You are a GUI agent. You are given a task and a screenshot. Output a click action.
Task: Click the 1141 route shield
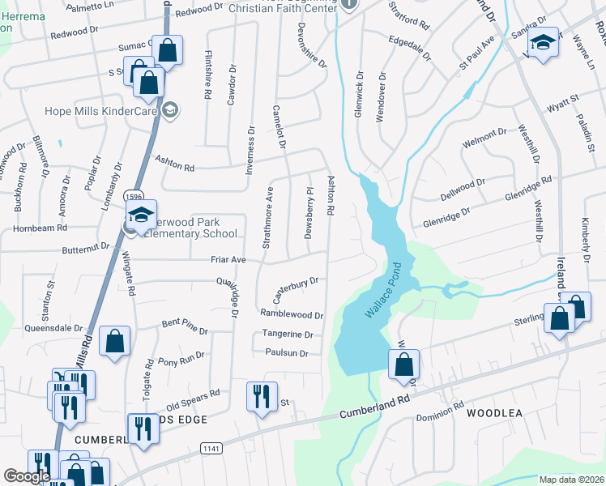[x=213, y=447]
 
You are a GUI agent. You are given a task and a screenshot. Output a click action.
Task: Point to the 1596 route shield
[x=134, y=196]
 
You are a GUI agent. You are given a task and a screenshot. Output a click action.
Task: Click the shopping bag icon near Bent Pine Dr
[x=114, y=342]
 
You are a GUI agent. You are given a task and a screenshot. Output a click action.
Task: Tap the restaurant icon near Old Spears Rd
[x=260, y=397]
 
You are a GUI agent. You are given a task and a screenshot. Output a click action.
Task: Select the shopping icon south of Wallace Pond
[x=403, y=365]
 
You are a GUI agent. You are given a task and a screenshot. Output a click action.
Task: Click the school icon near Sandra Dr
[x=545, y=41]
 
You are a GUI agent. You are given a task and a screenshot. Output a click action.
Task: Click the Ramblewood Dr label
[x=292, y=313]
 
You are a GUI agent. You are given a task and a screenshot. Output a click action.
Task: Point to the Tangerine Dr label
[x=287, y=334]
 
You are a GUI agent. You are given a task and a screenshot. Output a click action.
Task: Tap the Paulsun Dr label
[x=287, y=353]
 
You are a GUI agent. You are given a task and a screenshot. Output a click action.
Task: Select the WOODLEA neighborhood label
[x=495, y=413]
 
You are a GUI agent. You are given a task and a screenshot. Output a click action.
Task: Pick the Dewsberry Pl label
[x=309, y=215]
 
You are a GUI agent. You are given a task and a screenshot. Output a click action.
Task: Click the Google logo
[x=27, y=476]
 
